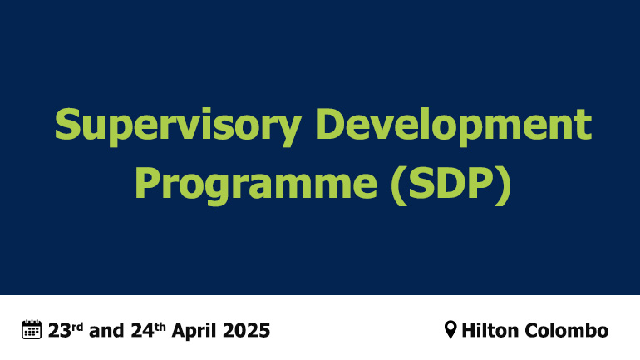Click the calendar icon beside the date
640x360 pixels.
pos(31,329)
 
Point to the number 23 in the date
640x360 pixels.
pos(57,330)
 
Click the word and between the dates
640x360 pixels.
pos(106,330)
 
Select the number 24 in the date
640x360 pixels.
pos(140,330)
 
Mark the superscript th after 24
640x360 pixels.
pos(160,325)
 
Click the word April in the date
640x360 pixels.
pos(197,330)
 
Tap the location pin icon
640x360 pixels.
pos(450,330)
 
